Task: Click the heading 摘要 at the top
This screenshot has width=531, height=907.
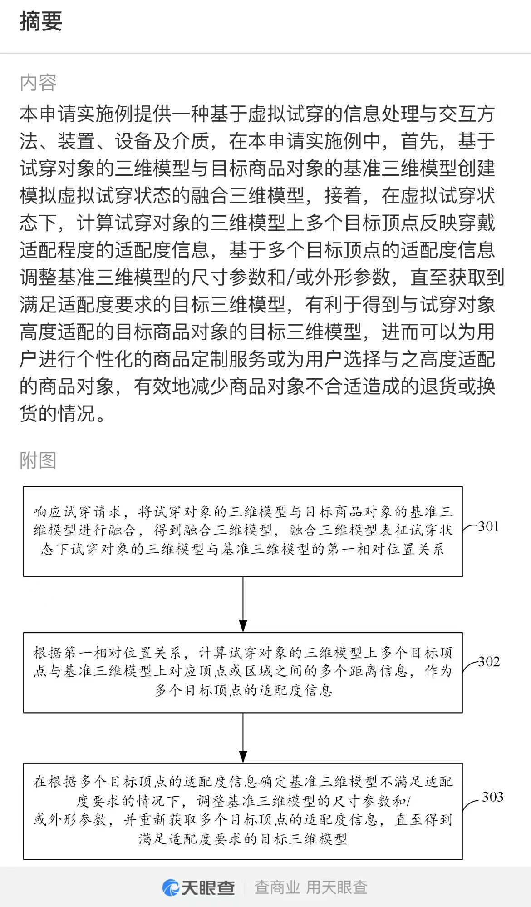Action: [x=41, y=21]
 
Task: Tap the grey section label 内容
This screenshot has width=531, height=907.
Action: [x=38, y=83]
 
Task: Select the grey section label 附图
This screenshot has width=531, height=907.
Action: [x=38, y=460]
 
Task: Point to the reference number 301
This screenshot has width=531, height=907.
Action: [x=489, y=527]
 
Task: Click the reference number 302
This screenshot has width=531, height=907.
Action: [x=489, y=662]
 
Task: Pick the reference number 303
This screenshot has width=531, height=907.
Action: [x=492, y=797]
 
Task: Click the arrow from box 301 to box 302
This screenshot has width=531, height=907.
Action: [x=243, y=605]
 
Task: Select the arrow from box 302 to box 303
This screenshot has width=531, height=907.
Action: [x=243, y=738]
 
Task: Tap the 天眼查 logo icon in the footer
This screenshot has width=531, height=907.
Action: [x=171, y=887]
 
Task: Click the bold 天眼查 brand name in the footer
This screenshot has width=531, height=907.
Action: [x=208, y=887]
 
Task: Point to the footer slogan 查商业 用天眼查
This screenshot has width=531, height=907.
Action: [x=311, y=887]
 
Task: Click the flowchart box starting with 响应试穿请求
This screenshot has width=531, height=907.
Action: [x=243, y=531]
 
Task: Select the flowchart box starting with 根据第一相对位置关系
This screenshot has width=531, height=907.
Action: [x=243, y=673]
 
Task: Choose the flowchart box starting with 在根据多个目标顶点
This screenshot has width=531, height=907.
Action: [x=243, y=811]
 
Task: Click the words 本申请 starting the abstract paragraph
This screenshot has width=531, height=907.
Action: [x=48, y=114]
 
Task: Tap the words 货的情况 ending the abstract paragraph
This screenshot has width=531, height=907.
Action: [x=57, y=414]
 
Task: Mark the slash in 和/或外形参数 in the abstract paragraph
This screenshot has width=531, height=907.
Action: [x=290, y=278]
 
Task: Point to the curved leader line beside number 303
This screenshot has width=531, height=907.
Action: [x=470, y=804]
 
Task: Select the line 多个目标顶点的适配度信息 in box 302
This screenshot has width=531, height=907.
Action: [x=243, y=691]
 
